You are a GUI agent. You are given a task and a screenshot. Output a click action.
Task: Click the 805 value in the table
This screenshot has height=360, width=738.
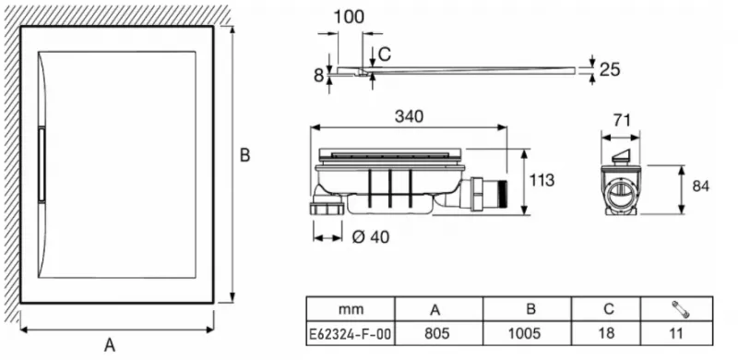click(437, 333)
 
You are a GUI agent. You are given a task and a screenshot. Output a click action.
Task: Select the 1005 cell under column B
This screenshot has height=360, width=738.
click(524, 333)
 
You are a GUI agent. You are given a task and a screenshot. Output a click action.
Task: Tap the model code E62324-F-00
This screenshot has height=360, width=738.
click(350, 334)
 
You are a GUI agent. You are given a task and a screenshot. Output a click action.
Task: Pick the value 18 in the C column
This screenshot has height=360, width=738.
click(606, 333)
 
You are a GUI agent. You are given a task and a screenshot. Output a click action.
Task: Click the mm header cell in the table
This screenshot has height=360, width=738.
click(351, 309)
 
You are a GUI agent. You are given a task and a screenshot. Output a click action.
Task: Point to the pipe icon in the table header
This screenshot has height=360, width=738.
click(681, 309)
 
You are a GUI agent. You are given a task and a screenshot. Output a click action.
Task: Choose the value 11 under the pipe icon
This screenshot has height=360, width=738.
click(676, 333)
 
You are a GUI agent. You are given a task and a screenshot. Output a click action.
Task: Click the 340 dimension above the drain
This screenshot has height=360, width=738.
click(409, 116)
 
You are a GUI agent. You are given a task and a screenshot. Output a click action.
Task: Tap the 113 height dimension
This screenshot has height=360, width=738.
click(542, 180)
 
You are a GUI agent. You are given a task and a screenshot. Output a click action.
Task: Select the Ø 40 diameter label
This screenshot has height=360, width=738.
click(371, 237)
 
